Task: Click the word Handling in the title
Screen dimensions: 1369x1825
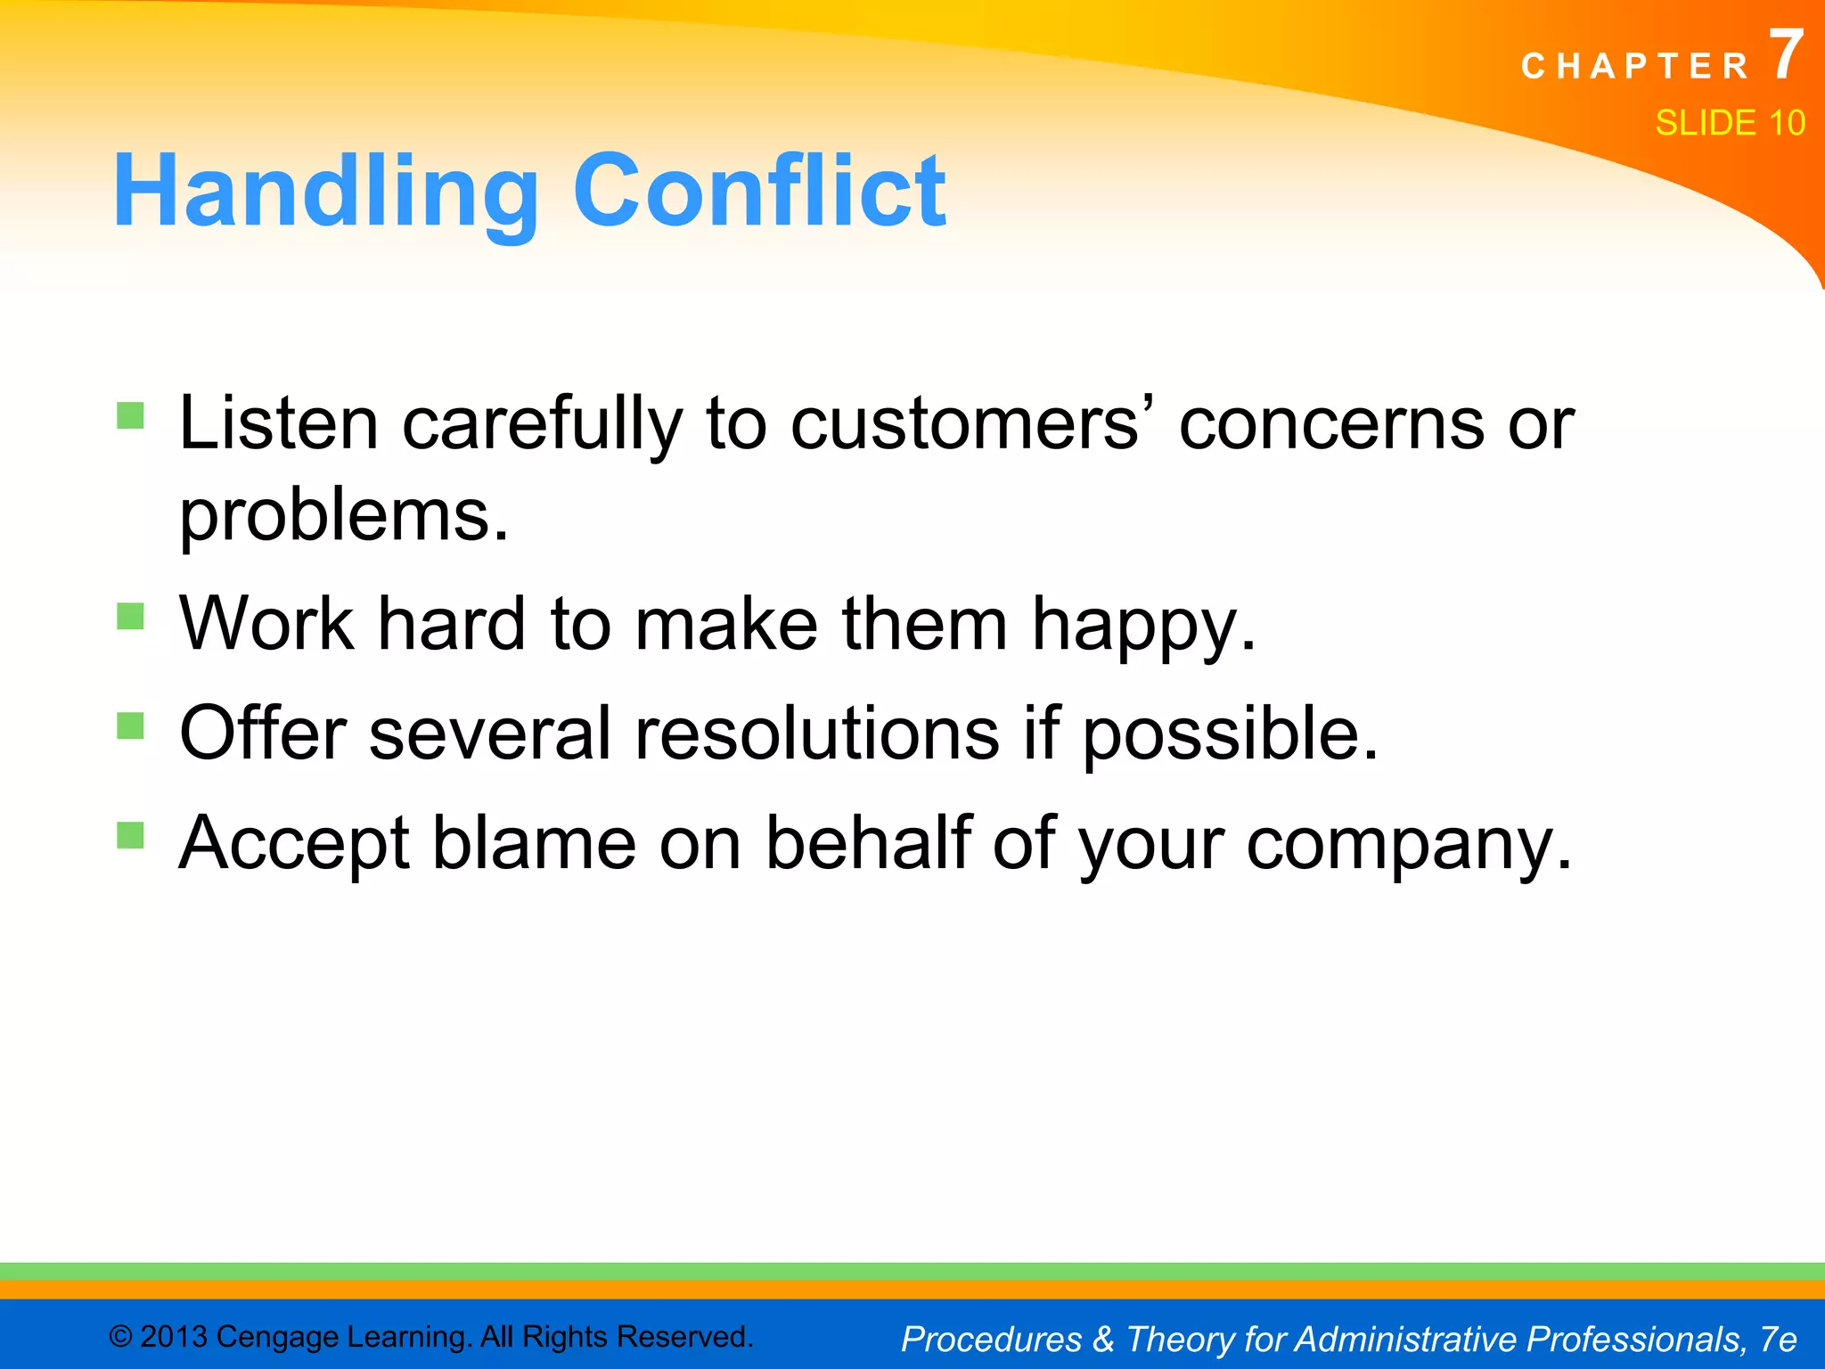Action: [x=325, y=192]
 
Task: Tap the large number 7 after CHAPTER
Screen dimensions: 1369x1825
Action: [x=1785, y=55]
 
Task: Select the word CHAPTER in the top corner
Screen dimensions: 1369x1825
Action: [x=1635, y=67]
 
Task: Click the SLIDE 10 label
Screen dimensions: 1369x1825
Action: [x=1730, y=123]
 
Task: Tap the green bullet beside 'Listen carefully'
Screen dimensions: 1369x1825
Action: [x=130, y=415]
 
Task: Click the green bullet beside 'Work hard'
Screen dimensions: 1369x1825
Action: [x=130, y=616]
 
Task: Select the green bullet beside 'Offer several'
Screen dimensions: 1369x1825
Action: [x=130, y=725]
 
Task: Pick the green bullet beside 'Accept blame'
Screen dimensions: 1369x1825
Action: [x=130, y=835]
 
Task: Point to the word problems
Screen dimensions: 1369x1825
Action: [x=343, y=517]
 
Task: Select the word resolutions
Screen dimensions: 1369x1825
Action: [x=817, y=734]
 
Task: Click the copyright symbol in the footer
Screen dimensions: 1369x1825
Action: [x=121, y=1337]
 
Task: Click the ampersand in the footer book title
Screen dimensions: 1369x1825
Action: [x=1103, y=1340]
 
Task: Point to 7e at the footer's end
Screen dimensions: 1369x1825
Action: [x=1778, y=1340]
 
